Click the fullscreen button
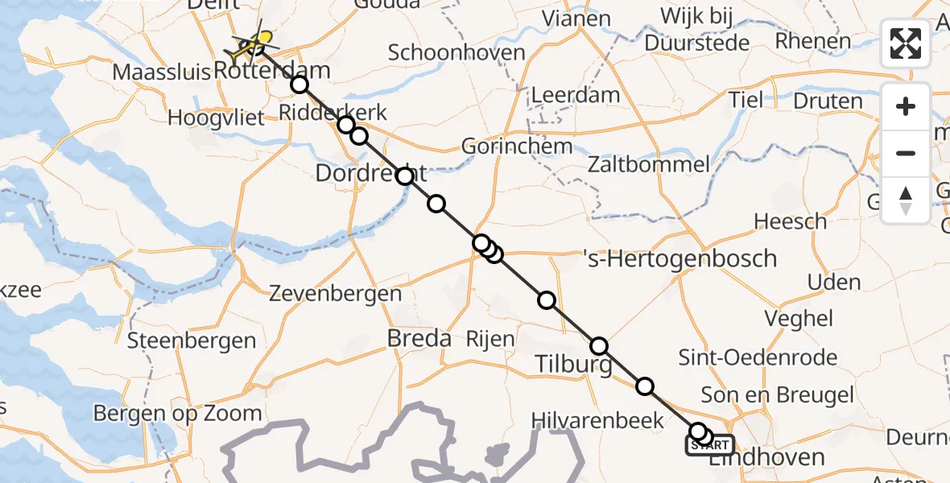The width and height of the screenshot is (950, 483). coord(906,43)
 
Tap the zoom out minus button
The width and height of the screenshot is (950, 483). coord(906,154)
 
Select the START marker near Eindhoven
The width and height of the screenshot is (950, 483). coord(709,445)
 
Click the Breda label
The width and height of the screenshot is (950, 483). coord(419,339)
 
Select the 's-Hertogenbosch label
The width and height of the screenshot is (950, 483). coord(679,258)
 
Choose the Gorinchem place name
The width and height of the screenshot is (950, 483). coord(517,147)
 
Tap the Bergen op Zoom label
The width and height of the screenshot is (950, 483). coord(177,414)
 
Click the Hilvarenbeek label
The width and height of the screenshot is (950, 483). coord(597,420)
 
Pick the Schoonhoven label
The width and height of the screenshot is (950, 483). coord(456,53)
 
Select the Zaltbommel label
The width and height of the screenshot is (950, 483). coord(649,166)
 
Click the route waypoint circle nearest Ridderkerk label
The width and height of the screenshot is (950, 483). coord(346,125)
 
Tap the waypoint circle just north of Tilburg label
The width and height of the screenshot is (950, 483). coord(599,347)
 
